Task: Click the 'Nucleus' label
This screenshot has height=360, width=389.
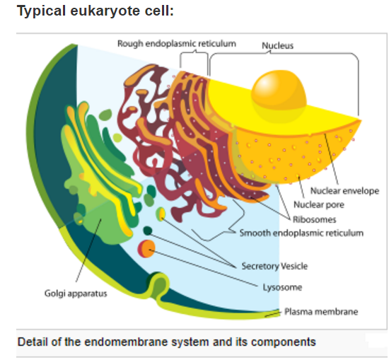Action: [278, 46]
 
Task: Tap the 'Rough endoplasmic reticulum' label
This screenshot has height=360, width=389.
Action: [177, 44]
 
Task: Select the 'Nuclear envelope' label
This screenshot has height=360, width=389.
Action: [345, 191]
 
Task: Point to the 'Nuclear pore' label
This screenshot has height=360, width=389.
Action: [319, 204]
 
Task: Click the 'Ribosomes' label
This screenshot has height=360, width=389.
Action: [314, 219]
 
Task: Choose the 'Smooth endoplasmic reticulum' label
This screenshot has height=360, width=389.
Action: [301, 233]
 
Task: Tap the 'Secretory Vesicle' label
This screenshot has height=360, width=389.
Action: [274, 266]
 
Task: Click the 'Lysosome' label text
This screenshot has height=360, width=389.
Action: [282, 287]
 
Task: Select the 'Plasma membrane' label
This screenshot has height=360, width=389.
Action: [321, 312]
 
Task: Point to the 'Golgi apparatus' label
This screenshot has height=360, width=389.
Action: [76, 294]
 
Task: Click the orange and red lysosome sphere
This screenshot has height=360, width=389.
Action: [146, 248]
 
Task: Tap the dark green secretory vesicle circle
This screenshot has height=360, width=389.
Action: [148, 231]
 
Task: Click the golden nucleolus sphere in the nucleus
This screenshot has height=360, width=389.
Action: [279, 96]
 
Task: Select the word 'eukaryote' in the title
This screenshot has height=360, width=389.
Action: [105, 11]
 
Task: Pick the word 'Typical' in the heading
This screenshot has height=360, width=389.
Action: [42, 11]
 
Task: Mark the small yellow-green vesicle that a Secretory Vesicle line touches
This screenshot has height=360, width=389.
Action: [161, 214]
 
